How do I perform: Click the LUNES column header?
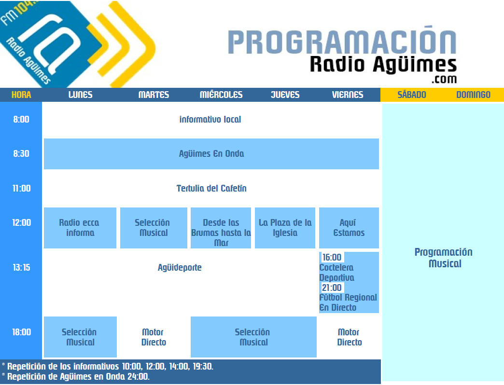(80, 95)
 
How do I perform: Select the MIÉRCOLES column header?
(221, 95)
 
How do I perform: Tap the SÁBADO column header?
(412, 95)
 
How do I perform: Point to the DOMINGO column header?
(474, 95)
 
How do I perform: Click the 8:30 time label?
(21, 153)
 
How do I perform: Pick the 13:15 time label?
(22, 267)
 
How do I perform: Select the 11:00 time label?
(22, 188)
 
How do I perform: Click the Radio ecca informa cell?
(80, 228)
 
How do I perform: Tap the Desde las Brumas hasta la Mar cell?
(221, 228)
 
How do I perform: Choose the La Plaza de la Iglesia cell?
(285, 228)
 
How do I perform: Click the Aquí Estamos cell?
(349, 228)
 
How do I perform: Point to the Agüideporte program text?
(180, 267)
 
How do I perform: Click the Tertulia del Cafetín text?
(211, 188)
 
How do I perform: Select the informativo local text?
(210, 120)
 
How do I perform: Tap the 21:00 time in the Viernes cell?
(332, 288)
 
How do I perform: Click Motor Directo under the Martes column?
(154, 337)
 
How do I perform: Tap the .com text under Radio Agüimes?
(444, 79)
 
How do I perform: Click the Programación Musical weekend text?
(444, 258)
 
